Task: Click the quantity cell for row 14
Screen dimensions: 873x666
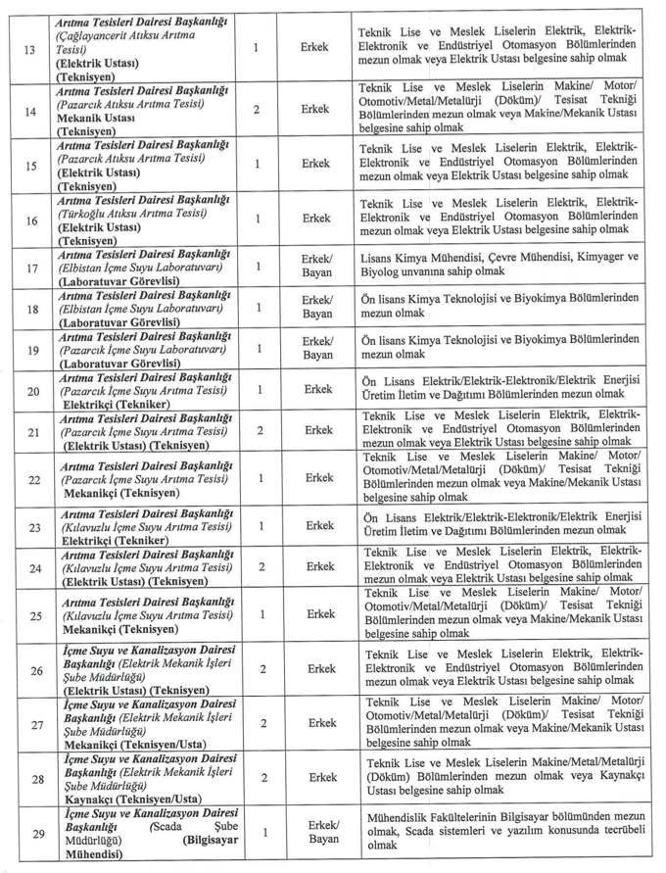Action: coord(257,109)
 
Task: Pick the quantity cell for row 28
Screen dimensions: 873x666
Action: coord(263,777)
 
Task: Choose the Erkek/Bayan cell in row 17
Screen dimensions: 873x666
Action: coord(317,267)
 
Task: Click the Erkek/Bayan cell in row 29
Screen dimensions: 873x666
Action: coord(322,833)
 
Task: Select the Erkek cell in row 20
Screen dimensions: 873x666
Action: coord(317,389)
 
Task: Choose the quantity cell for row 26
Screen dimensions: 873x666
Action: coord(263,668)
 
